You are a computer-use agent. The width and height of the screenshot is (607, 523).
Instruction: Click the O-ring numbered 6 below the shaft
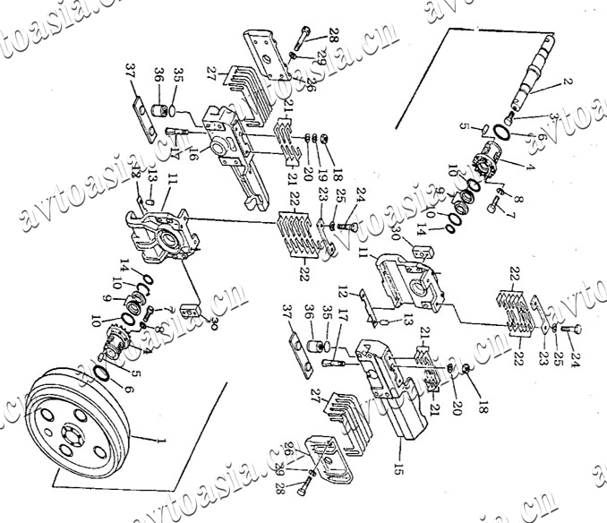click(x=506, y=133)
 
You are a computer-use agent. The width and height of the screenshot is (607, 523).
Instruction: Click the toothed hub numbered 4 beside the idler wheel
click(x=115, y=341)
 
